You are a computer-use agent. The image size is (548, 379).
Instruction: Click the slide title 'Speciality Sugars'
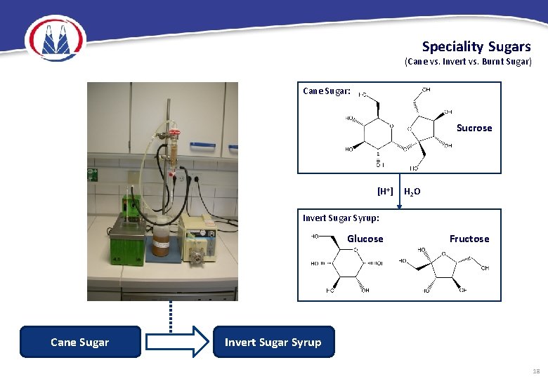(476, 47)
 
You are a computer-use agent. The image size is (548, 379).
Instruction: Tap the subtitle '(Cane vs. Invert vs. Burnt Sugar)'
(468, 62)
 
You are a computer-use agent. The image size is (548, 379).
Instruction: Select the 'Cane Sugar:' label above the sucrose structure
(327, 91)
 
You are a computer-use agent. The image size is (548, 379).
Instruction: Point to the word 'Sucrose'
(474, 128)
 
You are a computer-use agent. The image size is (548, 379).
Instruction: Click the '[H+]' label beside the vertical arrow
(385, 191)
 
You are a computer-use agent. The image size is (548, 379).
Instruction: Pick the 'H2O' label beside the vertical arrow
(412, 192)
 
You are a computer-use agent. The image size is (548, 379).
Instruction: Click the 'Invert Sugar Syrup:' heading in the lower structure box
(341, 218)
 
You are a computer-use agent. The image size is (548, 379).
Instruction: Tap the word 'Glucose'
(365, 239)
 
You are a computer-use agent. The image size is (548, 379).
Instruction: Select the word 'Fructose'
(469, 239)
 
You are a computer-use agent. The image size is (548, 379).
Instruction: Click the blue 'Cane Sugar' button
(80, 342)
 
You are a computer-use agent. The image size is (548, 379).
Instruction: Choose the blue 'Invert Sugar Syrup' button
(273, 342)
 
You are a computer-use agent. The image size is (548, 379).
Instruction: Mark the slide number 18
(536, 370)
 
